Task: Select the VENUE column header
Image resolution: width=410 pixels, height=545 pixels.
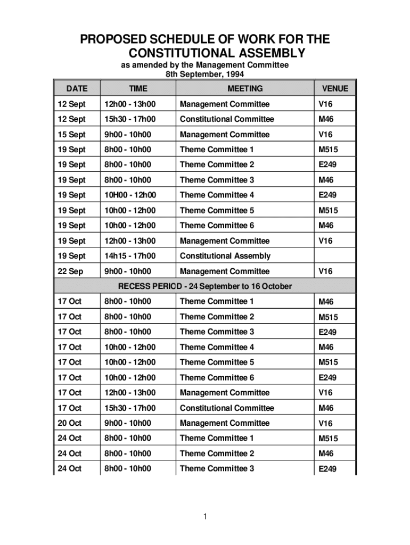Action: coord(334,88)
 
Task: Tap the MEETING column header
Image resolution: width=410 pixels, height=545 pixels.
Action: coord(245,88)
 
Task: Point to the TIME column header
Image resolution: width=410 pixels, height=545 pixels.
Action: coord(138,88)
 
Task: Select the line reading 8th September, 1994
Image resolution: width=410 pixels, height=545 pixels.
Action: coord(204,75)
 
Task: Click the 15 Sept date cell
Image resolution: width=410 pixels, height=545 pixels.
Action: coord(71,134)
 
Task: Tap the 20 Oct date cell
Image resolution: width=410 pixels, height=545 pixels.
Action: coord(70,423)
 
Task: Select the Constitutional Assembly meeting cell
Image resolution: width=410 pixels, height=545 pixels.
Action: coord(225,256)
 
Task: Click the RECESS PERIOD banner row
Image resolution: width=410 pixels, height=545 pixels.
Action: coord(205,286)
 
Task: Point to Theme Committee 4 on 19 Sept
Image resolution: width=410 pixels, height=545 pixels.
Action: coord(217,195)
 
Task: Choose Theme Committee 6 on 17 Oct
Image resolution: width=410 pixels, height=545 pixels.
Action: coord(217,377)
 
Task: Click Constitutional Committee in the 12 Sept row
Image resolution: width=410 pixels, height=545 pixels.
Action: coord(227,119)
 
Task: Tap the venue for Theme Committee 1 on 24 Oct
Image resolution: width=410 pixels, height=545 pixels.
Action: coord(328,439)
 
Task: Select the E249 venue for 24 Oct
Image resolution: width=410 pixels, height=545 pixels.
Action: coord(328,469)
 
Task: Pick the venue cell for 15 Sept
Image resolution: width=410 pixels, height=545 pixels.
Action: coord(325,134)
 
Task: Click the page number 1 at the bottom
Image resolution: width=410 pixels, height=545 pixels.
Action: coord(205,516)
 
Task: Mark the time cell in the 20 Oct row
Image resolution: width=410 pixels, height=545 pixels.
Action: coord(128,423)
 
